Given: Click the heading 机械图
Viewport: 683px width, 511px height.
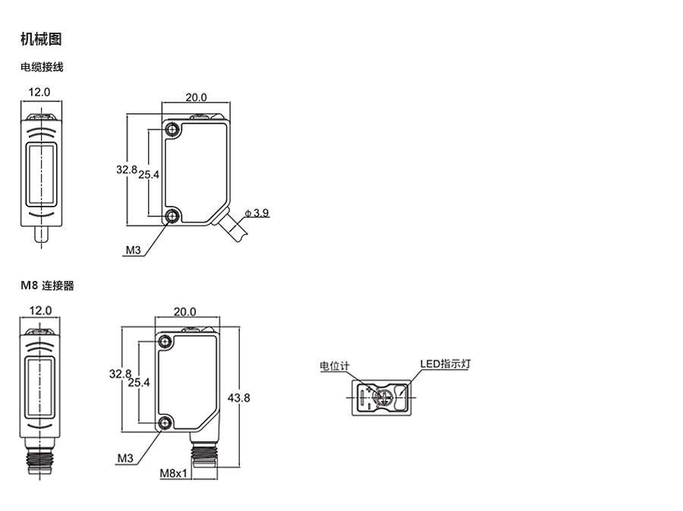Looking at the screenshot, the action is point(41,39).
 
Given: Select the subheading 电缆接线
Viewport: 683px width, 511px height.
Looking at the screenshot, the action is point(42,67).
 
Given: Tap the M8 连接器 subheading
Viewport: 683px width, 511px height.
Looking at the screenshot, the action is point(47,285).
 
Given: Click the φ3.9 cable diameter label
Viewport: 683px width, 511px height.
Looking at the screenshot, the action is point(257,213).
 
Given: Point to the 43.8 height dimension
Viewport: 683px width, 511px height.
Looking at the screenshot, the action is point(239,398).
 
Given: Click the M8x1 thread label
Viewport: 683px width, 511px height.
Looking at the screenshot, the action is point(173,473).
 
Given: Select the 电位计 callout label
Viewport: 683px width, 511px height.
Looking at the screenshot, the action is point(335,366).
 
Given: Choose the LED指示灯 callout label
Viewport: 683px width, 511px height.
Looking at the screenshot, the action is point(445,364).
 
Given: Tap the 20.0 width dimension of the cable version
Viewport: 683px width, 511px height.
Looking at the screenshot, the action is point(196,97).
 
